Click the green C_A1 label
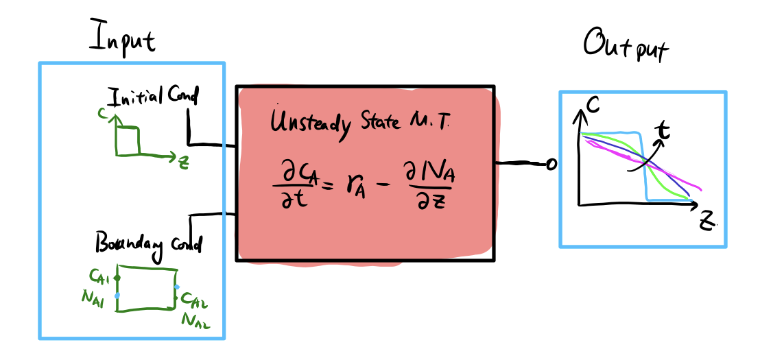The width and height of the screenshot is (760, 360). tap(100, 276)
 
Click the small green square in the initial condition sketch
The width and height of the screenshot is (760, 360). tap(128, 142)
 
